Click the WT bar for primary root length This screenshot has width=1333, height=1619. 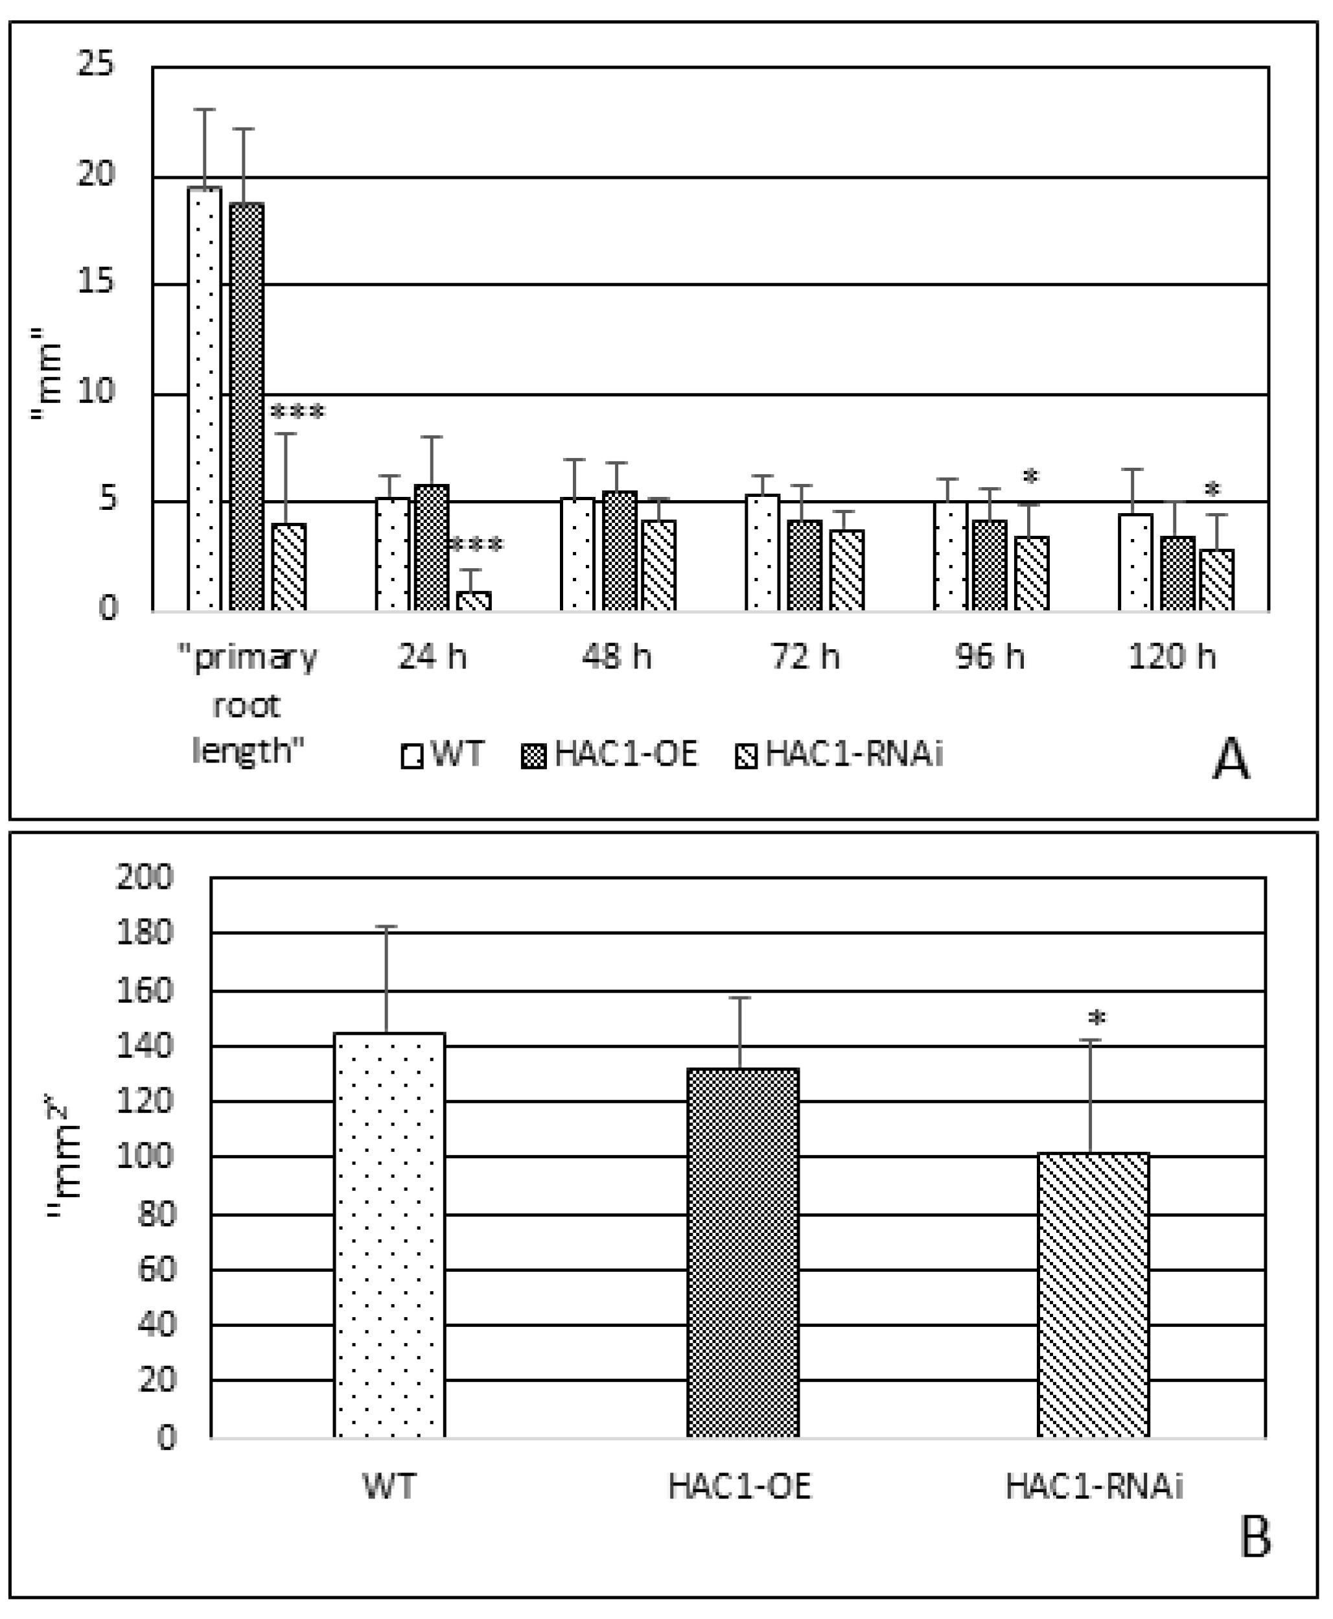coord(204,399)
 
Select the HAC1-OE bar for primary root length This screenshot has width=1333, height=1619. coord(246,407)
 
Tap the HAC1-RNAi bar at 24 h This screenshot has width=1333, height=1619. coord(474,601)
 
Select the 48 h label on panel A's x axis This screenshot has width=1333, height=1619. coord(616,657)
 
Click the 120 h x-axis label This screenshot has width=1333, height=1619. coord(1172,657)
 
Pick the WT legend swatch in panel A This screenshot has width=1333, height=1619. coord(411,756)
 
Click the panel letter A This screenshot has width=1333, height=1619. coord(1230,761)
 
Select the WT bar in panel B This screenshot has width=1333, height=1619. coord(389,1236)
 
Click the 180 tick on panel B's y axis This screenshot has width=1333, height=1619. coord(145,934)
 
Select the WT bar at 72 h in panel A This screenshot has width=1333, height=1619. coord(761,553)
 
